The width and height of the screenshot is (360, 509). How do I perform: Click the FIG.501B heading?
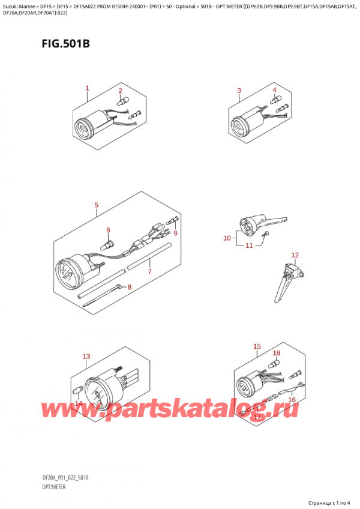pos(65,43)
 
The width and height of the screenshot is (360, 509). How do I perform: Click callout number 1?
pos(88,88)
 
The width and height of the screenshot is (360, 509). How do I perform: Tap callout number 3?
pos(239,91)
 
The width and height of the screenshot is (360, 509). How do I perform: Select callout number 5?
pos(97,205)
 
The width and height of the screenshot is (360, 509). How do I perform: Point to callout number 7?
pos(149,271)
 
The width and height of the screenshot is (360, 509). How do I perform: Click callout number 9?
pos(175,233)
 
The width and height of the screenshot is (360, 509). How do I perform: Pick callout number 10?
pos(227,238)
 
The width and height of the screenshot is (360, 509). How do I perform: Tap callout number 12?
pos(295,255)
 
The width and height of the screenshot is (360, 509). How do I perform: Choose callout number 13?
pos(86,357)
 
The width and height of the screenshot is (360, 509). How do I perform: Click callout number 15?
pos(257,346)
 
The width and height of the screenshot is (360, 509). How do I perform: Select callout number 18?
pos(277,353)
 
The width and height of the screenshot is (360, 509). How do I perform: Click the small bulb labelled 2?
pos(121,101)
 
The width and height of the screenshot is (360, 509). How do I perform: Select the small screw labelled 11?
pos(266,233)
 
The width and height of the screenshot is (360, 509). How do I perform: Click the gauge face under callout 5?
pos(67,271)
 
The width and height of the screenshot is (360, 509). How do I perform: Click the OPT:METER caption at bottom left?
pos(53,487)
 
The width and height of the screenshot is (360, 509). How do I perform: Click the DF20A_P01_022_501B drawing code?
pos(65,478)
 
